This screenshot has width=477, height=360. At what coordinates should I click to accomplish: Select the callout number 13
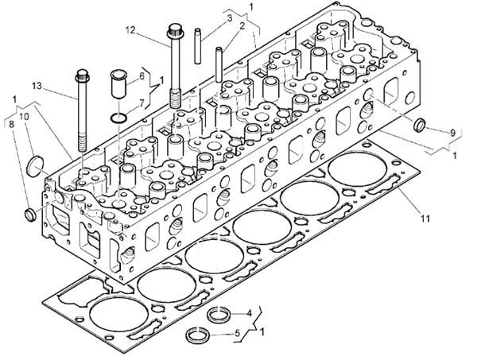pos(37,85)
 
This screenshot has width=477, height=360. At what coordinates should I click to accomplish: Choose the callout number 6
pos(142,75)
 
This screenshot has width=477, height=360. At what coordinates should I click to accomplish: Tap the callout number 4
pos(249,312)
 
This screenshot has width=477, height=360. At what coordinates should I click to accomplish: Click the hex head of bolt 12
pos(174,33)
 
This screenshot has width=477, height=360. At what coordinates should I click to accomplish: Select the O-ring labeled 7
pos(118,118)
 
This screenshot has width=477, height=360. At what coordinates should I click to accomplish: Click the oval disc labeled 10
pos(36,166)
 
